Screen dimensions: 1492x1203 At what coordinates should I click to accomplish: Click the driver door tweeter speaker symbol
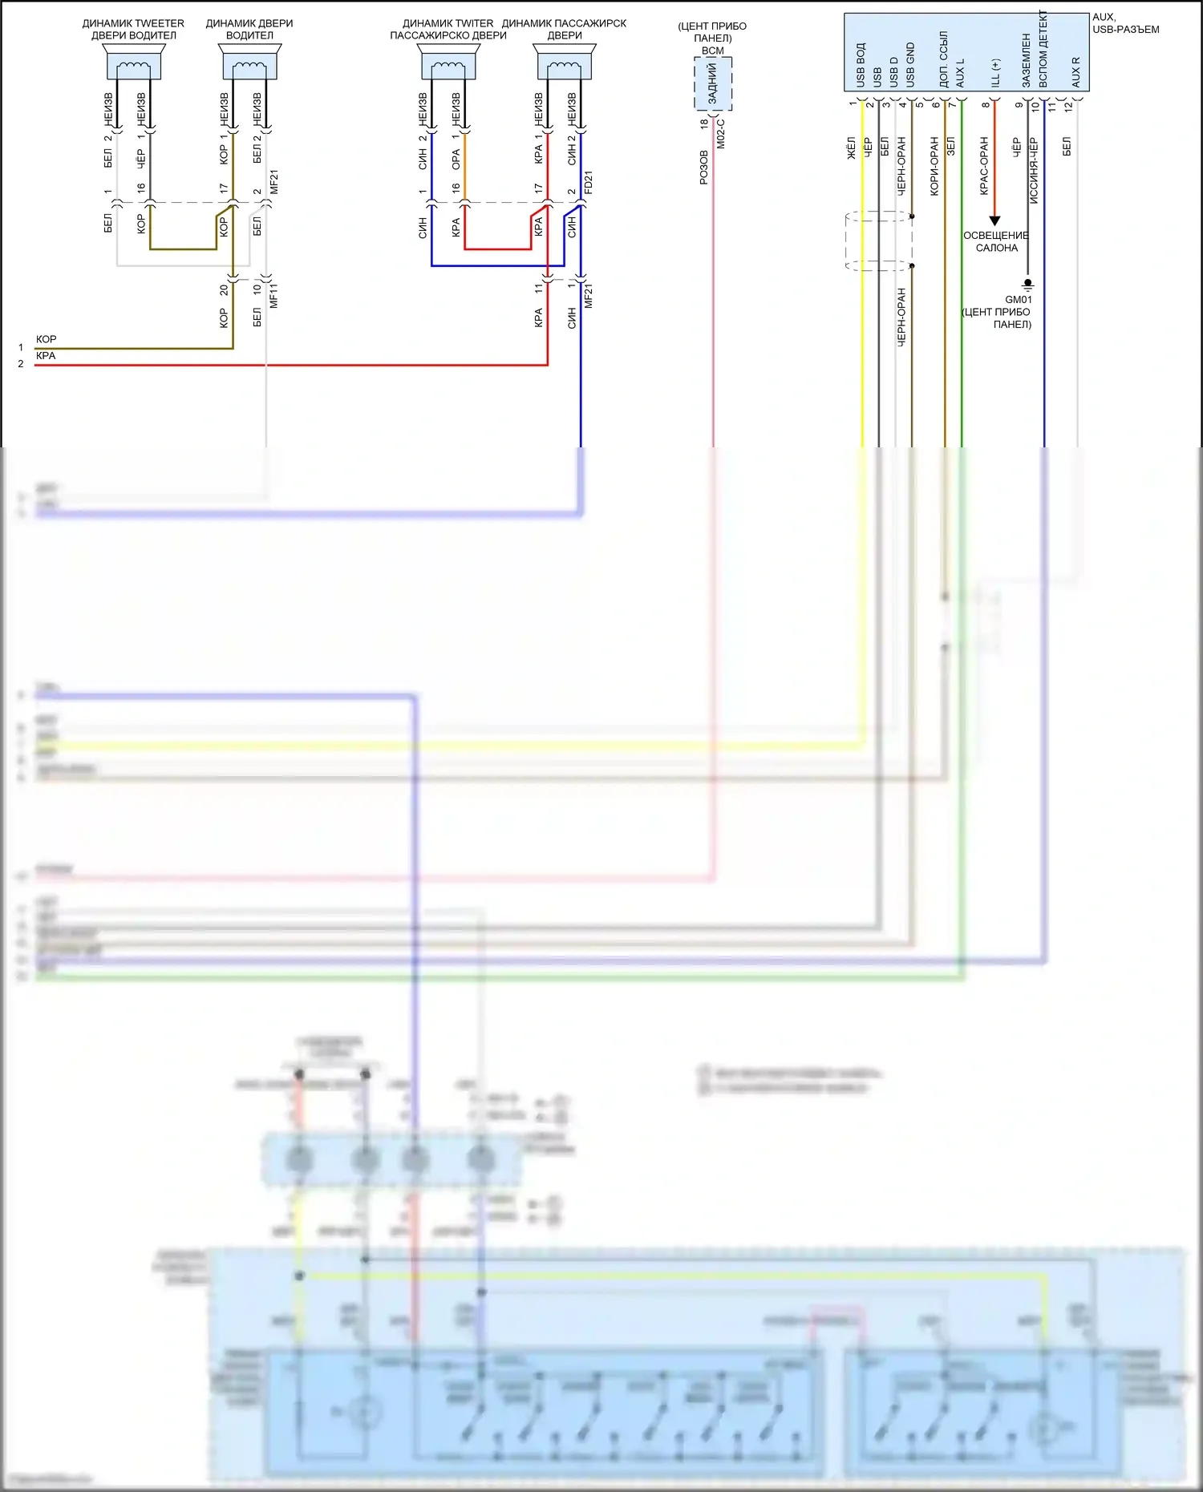click(x=133, y=63)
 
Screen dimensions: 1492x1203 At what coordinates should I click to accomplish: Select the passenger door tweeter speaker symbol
click(x=448, y=63)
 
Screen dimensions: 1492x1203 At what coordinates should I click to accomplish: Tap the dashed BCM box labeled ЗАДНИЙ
click(x=713, y=84)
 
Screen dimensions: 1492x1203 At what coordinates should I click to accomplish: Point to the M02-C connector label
click(x=720, y=134)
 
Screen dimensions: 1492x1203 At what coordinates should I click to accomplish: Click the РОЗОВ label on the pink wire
click(x=703, y=168)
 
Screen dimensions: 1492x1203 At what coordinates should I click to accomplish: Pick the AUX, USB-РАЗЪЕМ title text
click(x=1124, y=23)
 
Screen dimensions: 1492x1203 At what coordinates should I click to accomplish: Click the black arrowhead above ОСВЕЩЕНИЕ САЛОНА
click(x=994, y=220)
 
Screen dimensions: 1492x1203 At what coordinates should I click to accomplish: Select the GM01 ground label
click(x=1018, y=299)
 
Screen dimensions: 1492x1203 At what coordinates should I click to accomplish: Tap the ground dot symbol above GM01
click(x=1027, y=283)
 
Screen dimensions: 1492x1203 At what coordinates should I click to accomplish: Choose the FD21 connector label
click(x=589, y=183)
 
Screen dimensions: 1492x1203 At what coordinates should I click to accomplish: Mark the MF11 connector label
click(x=273, y=295)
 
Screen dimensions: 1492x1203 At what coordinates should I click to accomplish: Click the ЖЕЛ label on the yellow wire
click(x=852, y=148)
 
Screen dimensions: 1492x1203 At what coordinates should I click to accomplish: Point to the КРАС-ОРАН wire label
click(x=983, y=166)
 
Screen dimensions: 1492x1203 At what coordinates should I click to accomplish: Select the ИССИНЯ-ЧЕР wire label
click(x=1033, y=171)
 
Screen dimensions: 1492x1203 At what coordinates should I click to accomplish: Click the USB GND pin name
click(x=910, y=65)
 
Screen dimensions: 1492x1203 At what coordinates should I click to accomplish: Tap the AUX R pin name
click(x=1075, y=72)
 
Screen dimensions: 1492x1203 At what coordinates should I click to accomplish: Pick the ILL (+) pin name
click(x=995, y=73)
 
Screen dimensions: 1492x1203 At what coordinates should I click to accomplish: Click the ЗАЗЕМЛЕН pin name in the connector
click(x=1026, y=61)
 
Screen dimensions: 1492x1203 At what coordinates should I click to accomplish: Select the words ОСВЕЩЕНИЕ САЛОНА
click(x=996, y=241)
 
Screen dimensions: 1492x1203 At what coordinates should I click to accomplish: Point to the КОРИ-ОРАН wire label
click(x=934, y=166)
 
